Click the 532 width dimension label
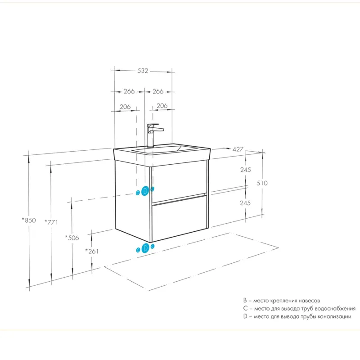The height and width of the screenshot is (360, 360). (143, 71)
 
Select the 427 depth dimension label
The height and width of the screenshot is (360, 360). (238, 149)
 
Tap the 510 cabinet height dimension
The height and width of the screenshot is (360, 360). (262, 183)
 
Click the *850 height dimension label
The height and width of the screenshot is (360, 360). (29, 220)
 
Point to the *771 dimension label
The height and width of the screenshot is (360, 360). (51, 222)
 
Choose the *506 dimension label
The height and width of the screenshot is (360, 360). (72, 238)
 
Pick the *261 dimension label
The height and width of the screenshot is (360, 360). (92, 251)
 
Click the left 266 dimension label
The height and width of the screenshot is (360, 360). (129, 91)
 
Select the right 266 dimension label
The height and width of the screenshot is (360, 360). (158, 91)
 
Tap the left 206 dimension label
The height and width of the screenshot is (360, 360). (125, 107)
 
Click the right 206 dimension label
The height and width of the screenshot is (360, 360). (162, 106)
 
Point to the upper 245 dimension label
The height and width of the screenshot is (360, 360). (245, 170)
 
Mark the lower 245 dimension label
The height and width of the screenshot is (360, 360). (245, 203)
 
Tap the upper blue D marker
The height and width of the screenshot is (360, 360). (144, 191)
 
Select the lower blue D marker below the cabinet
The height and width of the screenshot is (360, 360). (145, 248)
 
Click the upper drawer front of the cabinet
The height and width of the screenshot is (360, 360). (179, 181)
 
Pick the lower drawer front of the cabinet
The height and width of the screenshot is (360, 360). (180, 218)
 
